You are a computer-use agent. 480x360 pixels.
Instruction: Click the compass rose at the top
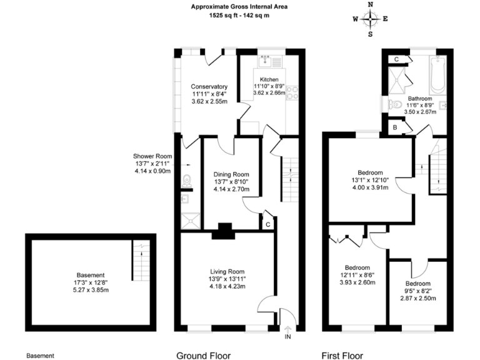(371, 19)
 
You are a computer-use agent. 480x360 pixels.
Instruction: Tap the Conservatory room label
(209, 86)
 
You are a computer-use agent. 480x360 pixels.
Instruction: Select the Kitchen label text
(269, 79)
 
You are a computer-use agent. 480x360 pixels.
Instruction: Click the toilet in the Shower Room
(187, 182)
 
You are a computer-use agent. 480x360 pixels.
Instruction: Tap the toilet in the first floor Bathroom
(394, 104)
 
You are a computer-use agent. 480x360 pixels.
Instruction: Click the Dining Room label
(231, 174)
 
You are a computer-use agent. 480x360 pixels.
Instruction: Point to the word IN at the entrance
(288, 337)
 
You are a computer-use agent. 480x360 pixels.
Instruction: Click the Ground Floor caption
(203, 356)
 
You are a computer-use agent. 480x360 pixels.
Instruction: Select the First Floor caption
(342, 356)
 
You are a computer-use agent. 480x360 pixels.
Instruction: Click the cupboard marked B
(395, 127)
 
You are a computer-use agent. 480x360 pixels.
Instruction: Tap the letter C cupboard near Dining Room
(267, 224)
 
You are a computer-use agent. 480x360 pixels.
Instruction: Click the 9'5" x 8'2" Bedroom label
(417, 283)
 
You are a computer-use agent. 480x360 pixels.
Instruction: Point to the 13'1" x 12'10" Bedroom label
(370, 172)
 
